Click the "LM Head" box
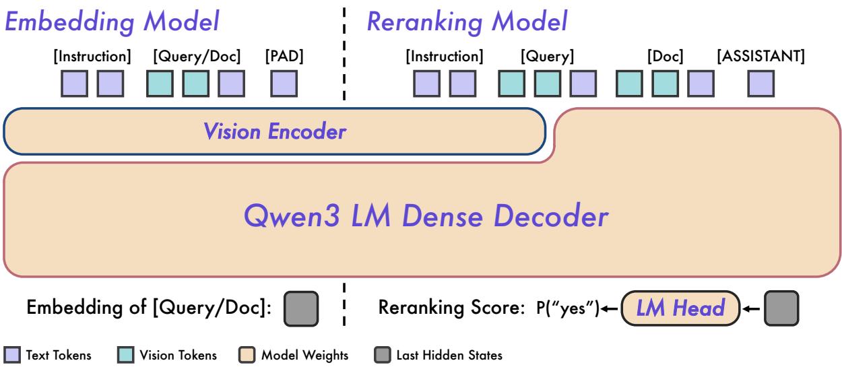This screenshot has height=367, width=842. pyautogui.click(x=680, y=308)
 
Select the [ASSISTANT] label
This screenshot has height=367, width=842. pyautogui.click(x=761, y=57)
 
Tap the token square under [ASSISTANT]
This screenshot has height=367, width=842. pyautogui.click(x=761, y=84)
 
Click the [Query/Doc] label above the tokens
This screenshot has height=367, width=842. pyautogui.click(x=195, y=57)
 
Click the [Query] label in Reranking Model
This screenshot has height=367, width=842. pyautogui.click(x=546, y=57)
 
